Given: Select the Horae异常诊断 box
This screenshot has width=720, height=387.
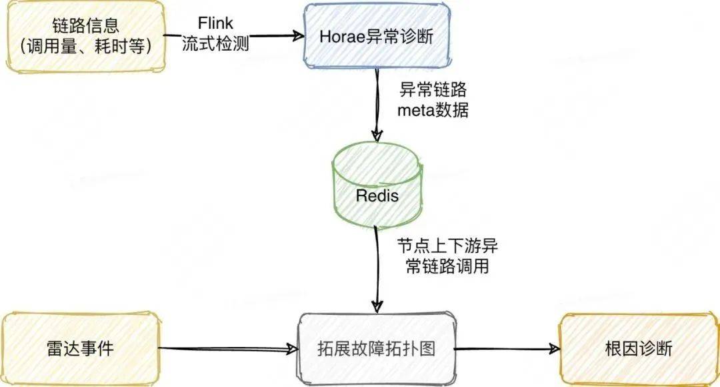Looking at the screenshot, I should [x=377, y=36].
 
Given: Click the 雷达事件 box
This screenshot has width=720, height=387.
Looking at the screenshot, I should [x=82, y=348].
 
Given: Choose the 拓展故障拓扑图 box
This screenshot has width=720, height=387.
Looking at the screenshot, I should [x=377, y=348].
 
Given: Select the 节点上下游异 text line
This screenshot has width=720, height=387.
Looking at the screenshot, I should [x=447, y=246].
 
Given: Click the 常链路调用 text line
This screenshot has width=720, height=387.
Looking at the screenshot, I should [x=447, y=267].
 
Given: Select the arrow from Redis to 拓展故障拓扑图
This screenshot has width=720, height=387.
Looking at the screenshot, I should [x=377, y=267].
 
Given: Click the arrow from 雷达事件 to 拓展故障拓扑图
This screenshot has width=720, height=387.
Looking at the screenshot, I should [x=227, y=348].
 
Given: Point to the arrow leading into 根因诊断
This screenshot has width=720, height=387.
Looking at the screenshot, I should [x=507, y=348].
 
